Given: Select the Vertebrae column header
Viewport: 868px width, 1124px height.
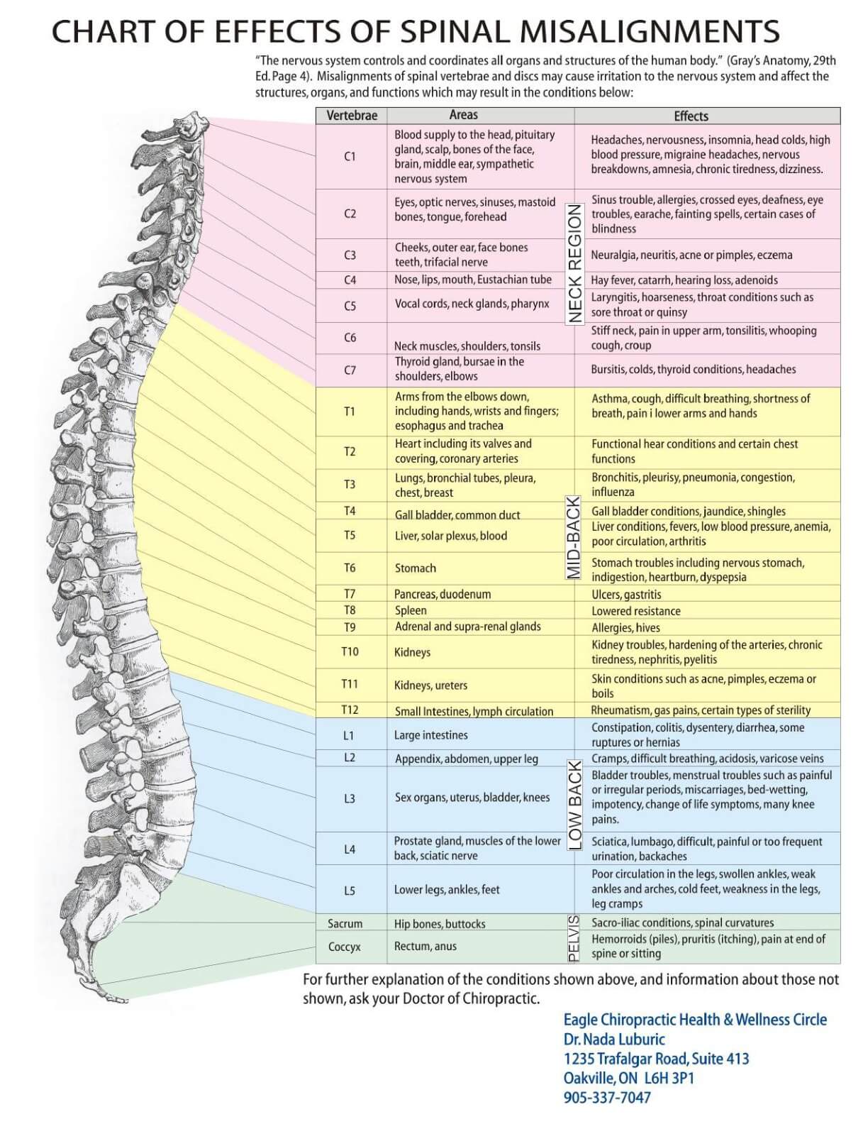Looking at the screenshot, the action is coord(352,116).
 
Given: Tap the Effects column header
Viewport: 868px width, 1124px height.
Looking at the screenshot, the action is coord(691,116).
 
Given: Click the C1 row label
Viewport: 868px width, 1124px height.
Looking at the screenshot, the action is coord(350,156).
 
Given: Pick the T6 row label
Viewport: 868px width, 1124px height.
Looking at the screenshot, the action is coord(350,568).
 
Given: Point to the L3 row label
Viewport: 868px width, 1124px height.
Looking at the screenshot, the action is coord(350,798).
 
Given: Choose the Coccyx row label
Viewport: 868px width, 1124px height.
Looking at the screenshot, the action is coord(345,947).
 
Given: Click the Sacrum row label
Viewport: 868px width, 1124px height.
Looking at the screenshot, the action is coord(345,923).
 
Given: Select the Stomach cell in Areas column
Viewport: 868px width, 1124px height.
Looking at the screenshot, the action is coord(415,568).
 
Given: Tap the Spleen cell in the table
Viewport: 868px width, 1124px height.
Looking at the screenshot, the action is coord(411,610).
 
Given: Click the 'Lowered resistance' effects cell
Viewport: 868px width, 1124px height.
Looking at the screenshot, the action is coord(636,611).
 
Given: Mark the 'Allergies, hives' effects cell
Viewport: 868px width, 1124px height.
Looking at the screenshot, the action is coord(625,627).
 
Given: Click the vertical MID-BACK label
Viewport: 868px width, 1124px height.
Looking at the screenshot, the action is coord(574,537).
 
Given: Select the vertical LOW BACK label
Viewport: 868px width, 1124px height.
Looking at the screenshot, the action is coord(575,806).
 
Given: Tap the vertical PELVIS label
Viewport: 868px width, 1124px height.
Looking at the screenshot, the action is coord(573,938).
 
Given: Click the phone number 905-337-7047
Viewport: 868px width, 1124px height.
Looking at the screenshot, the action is coord(607,1097).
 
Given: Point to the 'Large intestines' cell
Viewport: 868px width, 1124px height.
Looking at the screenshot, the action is coord(430,735).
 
